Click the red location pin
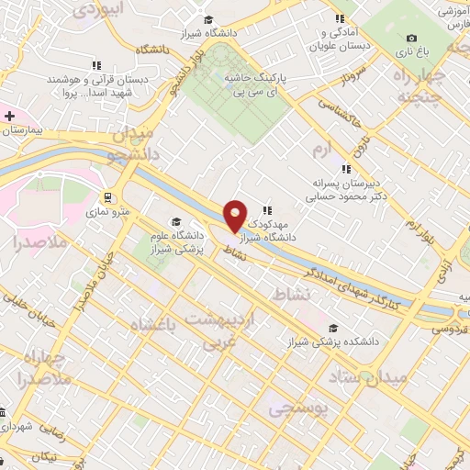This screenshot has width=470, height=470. [x=235, y=215]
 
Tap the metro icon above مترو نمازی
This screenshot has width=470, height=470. [x=109, y=196]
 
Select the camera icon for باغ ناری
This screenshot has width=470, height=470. [x=411, y=38]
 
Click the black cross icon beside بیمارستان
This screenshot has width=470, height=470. [x=9, y=117]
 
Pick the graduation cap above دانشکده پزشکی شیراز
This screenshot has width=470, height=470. [x=332, y=328]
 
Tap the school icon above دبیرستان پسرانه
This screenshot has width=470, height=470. [x=346, y=168]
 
